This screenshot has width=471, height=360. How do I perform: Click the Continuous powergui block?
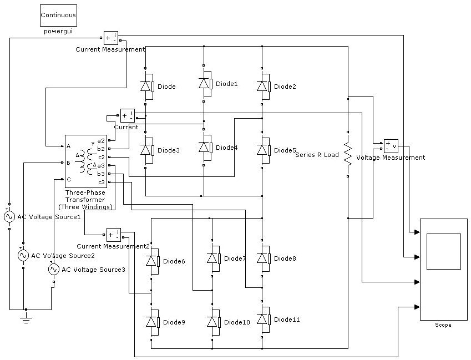tap(58, 16)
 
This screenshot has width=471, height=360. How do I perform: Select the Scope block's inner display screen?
tap(443, 252)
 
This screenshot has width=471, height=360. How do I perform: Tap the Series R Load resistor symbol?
tap(348, 154)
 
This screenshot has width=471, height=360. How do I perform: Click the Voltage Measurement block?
tap(391, 146)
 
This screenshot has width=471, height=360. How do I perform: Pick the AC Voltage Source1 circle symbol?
tap(9, 216)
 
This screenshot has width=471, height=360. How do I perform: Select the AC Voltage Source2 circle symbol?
tap(23, 255)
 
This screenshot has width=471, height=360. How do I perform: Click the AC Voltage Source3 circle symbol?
tap(53, 270)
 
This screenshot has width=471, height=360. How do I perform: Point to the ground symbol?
tap(27, 318)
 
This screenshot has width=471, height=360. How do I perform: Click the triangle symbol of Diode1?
tap(204, 83)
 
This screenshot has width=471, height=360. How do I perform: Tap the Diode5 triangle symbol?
tap(262, 150)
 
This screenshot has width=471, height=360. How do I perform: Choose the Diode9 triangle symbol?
tap(151, 322)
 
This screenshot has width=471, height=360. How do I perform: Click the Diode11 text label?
tap(287, 320)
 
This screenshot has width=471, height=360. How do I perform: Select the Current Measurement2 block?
tap(114, 235)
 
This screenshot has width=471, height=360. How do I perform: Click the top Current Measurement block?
tap(111, 38)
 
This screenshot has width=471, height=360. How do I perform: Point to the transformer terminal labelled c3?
tap(110, 182)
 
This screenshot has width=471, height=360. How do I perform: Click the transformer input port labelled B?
tap(63, 163)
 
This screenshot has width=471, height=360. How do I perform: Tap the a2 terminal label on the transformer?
tap(101, 140)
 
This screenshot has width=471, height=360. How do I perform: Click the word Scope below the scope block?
tap(443, 325)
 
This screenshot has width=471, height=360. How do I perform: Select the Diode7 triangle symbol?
tap(212, 258)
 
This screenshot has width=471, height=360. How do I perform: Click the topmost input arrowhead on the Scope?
tap(417, 232)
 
